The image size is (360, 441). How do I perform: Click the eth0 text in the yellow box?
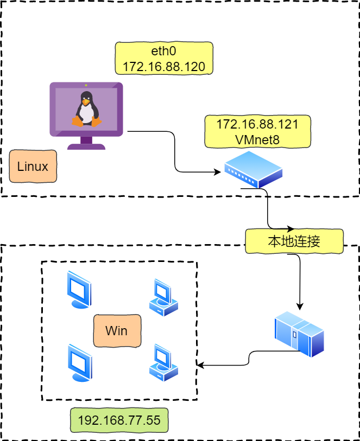163,51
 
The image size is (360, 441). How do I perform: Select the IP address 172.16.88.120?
164,67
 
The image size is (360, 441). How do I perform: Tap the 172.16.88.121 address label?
257,124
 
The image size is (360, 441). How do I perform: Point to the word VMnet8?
257,140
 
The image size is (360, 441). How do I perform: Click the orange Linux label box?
33,166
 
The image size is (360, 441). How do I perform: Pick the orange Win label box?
117,331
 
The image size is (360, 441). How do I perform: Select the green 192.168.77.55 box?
119,420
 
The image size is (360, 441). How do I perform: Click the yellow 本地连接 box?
294,241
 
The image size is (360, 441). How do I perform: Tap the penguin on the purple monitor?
87,109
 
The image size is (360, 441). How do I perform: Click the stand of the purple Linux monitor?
86,143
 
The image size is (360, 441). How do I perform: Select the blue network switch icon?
254,170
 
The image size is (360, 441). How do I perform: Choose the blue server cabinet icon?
299,334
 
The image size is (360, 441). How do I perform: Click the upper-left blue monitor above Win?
79,290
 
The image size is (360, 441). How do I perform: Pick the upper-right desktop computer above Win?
163,298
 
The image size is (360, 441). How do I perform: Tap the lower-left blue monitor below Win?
80,363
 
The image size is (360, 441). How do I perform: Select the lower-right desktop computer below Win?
163,362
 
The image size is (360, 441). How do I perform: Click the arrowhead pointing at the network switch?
217,172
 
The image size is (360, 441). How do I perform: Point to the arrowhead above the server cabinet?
300,306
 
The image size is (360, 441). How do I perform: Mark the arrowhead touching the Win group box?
200,365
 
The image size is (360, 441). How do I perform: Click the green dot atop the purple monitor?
86,85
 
